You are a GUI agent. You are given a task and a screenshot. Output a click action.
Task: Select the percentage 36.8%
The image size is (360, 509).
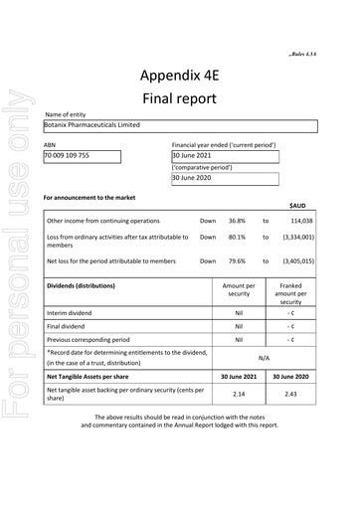click(x=237, y=220)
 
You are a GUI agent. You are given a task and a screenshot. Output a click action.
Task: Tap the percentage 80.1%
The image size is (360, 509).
click(x=237, y=238)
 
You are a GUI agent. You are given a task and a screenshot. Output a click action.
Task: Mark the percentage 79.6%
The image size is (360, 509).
click(x=237, y=261)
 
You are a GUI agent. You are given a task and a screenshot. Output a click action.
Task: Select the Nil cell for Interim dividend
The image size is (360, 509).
click(x=239, y=312)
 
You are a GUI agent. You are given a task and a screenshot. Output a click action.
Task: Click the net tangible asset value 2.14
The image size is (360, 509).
click(x=239, y=395)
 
